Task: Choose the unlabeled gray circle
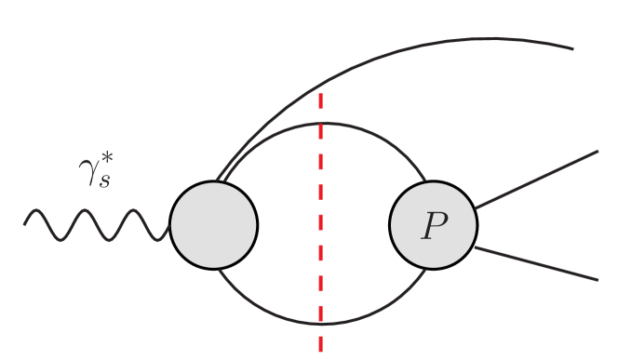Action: click(x=214, y=225)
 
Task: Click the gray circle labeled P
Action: click(x=433, y=225)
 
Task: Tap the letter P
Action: click(x=433, y=226)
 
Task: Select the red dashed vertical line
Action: click(x=321, y=223)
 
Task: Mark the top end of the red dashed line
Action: click(x=321, y=93)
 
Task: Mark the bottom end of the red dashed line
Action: click(x=321, y=352)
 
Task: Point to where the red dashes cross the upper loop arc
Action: click(x=321, y=122)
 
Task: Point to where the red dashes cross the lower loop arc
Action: click(x=321, y=325)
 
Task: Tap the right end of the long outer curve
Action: click(x=571, y=48)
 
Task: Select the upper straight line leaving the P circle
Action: click(x=535, y=179)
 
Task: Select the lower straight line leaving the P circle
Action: click(x=535, y=263)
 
